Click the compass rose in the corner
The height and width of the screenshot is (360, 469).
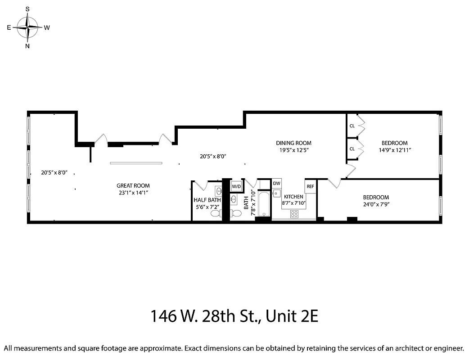tap(28, 27)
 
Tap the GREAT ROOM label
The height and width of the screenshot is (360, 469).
tap(133, 186)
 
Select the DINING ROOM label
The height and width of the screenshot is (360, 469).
tap(293, 143)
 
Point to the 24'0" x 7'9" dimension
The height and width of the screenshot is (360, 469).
tap(376, 204)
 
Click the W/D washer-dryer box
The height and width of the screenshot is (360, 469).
tap(236, 186)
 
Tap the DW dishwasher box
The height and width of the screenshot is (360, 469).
tap(277, 184)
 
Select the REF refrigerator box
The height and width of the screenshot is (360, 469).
tap(310, 186)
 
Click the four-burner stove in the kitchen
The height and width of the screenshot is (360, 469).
tap(294, 214)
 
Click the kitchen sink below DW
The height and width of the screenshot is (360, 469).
tap(277, 194)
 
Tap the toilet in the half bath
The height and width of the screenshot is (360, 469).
tap(215, 214)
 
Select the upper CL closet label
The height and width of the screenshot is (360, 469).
tap(352, 126)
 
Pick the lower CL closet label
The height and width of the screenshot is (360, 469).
tap(352, 149)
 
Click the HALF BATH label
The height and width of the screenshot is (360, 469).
tap(207, 200)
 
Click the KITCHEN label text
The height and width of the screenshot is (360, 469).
tap(293, 197)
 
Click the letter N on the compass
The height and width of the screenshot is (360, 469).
tap(28, 46)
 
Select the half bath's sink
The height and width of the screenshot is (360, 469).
tap(218, 191)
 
